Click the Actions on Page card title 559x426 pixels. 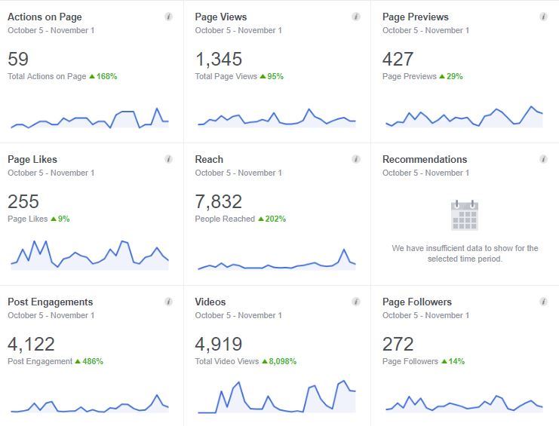[x=45, y=17]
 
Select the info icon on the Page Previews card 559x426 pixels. [x=543, y=17]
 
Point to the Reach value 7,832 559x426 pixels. [x=218, y=201]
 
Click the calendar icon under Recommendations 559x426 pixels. [x=465, y=216]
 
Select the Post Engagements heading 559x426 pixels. [x=50, y=302]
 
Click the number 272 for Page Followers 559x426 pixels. [x=398, y=344]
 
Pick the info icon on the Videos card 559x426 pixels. [x=356, y=302]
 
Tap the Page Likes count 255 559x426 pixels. [x=23, y=201]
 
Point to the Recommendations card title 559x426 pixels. [x=425, y=159]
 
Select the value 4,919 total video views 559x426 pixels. [x=218, y=344]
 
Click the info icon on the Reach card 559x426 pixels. [x=356, y=159]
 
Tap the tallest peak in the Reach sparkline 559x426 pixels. [x=344, y=250]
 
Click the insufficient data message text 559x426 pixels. [x=465, y=253]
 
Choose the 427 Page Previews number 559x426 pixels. [x=398, y=59]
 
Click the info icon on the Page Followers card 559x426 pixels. [x=543, y=302]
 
